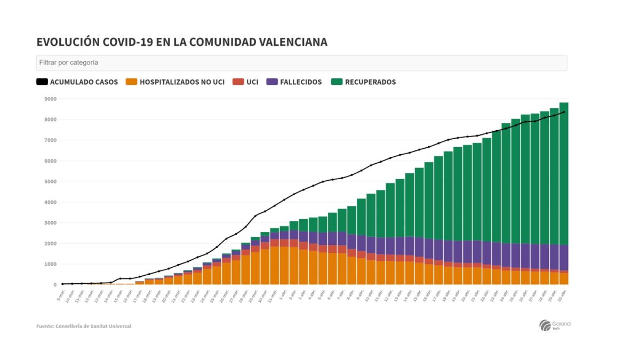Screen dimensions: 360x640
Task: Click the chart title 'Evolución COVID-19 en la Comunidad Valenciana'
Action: tap(182, 42)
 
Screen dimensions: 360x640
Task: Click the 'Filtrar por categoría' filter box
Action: tap(301, 63)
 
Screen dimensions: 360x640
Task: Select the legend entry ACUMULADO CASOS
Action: tap(77, 82)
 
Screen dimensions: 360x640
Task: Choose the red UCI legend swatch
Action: tap(238, 82)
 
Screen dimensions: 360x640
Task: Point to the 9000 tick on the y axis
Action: tap(50, 99)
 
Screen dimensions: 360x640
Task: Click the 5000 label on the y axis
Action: tap(50, 182)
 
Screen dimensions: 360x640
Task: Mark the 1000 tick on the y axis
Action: tap(50, 264)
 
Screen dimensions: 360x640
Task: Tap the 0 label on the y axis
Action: tap(54, 285)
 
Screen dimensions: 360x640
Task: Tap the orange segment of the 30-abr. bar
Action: tap(564, 278)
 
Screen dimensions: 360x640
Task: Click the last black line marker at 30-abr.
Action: tap(564, 112)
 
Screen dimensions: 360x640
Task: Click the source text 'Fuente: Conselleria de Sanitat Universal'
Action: tap(84, 326)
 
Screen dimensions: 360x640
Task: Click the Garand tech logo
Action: tap(555, 325)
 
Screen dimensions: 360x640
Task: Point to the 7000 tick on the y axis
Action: tap(50, 140)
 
